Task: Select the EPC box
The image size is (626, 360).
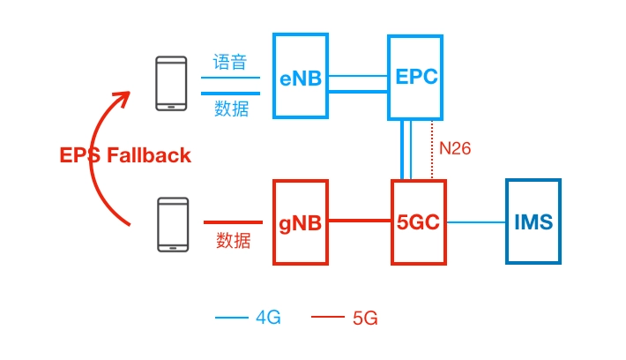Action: click(x=416, y=78)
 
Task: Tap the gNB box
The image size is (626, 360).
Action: click(x=301, y=221)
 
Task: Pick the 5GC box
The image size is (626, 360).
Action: click(x=418, y=221)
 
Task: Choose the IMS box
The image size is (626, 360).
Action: click(x=533, y=221)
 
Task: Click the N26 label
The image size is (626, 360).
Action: click(x=455, y=148)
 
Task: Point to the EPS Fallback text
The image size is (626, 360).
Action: click(x=125, y=155)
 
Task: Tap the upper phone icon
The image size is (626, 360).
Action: click(x=171, y=83)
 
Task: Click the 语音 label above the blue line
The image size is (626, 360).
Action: click(x=230, y=64)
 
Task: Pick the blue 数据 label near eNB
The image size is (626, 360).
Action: click(x=231, y=108)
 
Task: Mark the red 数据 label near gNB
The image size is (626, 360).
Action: click(x=234, y=240)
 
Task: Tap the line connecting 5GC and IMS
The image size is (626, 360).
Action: click(x=475, y=221)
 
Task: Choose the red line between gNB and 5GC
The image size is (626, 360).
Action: click(x=359, y=221)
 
